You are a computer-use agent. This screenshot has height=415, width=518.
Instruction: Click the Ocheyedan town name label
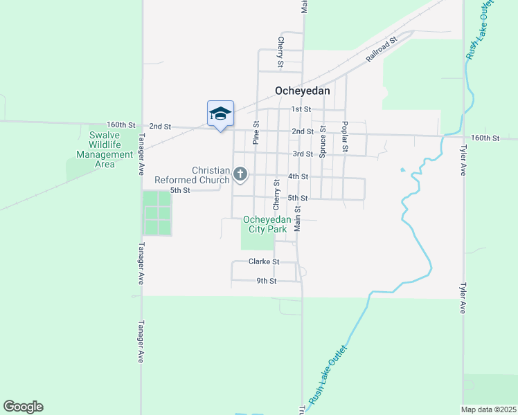coord(302,91)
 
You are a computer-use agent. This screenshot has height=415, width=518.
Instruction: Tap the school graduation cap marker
coord(220,114)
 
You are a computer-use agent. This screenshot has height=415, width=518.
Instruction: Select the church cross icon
coord(240,174)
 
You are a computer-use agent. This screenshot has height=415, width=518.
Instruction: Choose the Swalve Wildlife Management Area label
coord(105,149)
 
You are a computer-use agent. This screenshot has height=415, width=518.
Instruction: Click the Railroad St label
coord(382,50)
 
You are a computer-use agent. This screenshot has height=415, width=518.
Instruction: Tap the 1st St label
coord(301,109)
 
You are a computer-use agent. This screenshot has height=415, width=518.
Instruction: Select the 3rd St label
coord(303,154)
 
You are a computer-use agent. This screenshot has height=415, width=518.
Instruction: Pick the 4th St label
coord(298,176)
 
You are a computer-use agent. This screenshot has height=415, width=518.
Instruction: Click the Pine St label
coord(256,133)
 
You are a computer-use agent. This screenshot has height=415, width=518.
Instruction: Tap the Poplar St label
coord(344,137)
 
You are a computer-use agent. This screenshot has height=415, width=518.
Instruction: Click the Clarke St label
coord(264,262)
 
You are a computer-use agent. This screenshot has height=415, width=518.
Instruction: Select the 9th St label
coord(267,281)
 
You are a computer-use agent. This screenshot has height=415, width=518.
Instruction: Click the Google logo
coord(23,407)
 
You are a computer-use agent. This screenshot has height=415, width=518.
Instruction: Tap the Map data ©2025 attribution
coord(489,409)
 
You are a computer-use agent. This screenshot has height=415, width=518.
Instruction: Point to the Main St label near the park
coord(297,218)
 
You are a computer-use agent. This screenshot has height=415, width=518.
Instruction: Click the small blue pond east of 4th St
coord(402,169)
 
